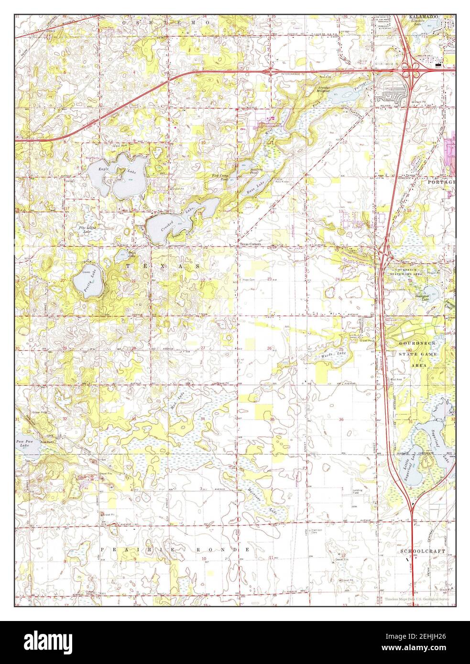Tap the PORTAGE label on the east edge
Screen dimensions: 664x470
pos(441,182)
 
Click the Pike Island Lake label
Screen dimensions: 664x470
pos(87,229)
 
